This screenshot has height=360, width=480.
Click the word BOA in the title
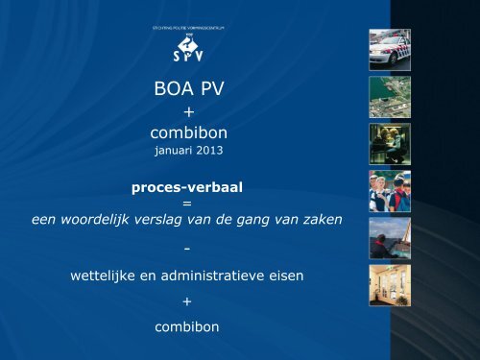171,91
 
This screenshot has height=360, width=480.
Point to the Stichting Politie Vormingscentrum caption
187,29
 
